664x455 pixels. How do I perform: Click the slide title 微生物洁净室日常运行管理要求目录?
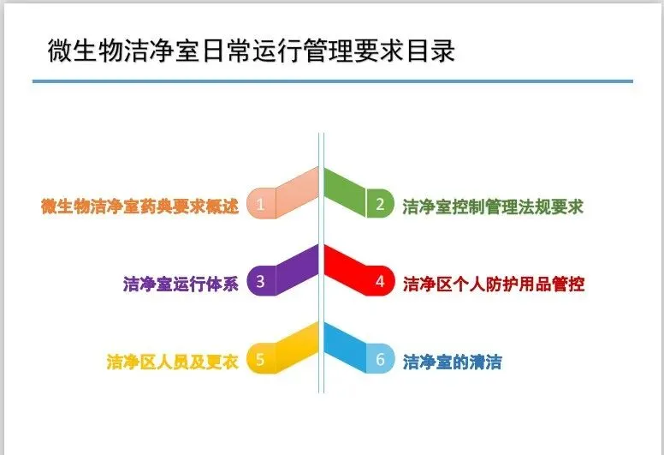251,51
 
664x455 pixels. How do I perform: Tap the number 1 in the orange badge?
261,205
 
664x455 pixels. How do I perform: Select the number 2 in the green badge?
380,205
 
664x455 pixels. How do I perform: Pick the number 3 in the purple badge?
261,281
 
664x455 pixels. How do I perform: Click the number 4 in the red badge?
380,281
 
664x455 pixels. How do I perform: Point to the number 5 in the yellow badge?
261,358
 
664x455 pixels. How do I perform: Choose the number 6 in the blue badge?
380,358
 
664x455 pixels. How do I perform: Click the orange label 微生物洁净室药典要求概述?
139,206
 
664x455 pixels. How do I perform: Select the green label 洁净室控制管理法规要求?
493,206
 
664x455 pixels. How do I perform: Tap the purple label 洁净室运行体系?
181,283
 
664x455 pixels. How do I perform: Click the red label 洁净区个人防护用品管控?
494,283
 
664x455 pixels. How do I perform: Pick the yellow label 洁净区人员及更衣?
172,362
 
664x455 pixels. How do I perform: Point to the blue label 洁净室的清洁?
452,362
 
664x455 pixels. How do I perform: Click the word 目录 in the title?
433,51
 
